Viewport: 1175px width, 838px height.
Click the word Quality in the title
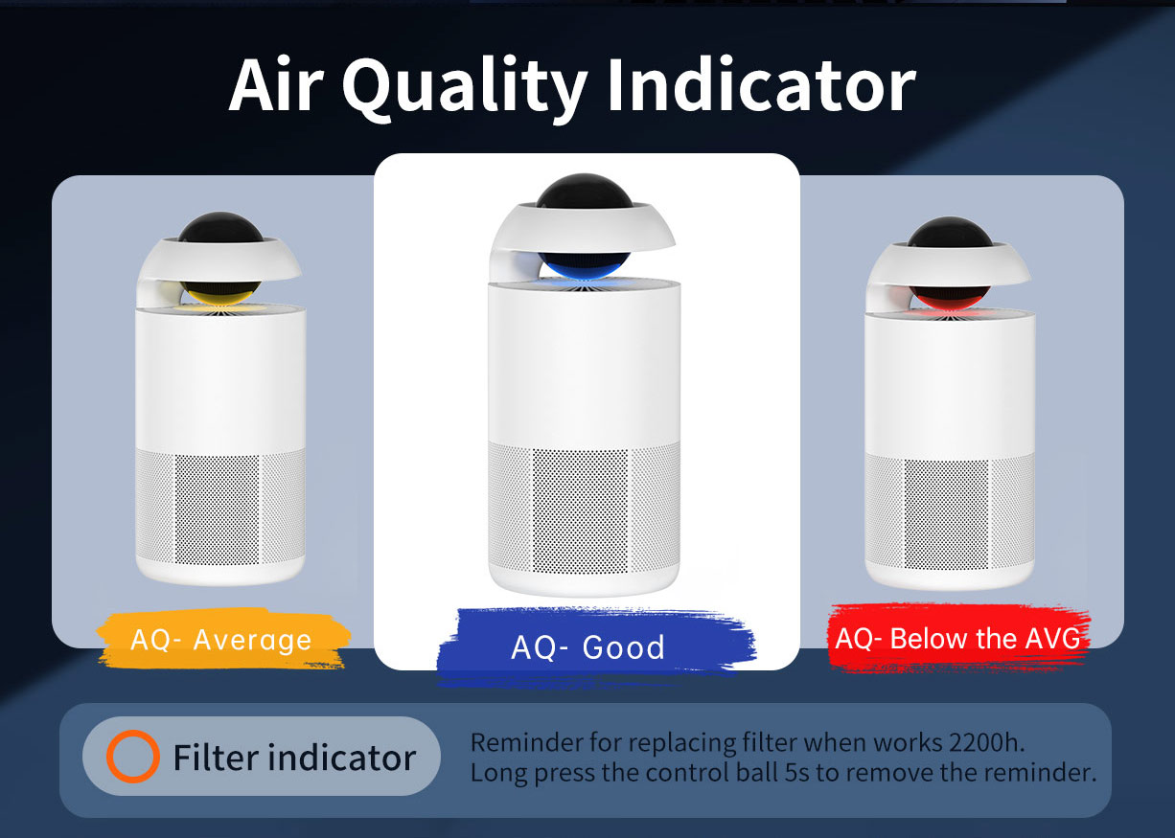464,87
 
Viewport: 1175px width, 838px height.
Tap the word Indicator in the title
762,85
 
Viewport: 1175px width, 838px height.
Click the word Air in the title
276,85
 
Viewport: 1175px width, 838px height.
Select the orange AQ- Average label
222,639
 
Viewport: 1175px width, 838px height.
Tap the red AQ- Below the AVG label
957,638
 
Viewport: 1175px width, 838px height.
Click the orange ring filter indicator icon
132,757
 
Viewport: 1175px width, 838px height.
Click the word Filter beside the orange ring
214,757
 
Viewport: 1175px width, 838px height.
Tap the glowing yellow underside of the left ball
219,293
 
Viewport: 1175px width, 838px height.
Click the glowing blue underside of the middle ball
584,265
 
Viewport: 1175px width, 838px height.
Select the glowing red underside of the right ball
950,297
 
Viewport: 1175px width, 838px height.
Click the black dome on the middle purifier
585,192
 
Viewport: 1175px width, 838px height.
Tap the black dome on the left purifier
220,228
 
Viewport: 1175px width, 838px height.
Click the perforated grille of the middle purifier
584,509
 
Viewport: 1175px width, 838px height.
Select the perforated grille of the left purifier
220,507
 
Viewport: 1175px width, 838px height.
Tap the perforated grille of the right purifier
950,511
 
